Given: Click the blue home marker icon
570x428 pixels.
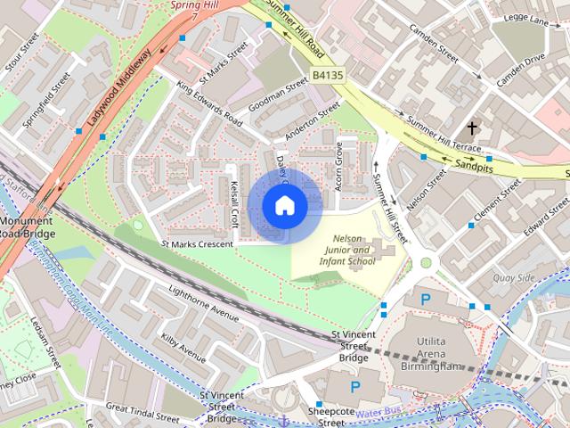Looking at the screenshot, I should tap(284, 206).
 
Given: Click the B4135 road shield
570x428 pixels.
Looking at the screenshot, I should tap(328, 78).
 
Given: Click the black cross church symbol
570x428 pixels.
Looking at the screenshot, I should tap(471, 128).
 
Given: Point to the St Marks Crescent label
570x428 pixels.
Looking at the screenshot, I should tap(196, 243).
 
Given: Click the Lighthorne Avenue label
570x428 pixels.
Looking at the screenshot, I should tap(203, 304).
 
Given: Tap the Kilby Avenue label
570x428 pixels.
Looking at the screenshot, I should tap(183, 346).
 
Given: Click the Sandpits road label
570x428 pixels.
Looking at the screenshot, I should tap(474, 166).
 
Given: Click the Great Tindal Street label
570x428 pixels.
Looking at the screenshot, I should tap(142, 411).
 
